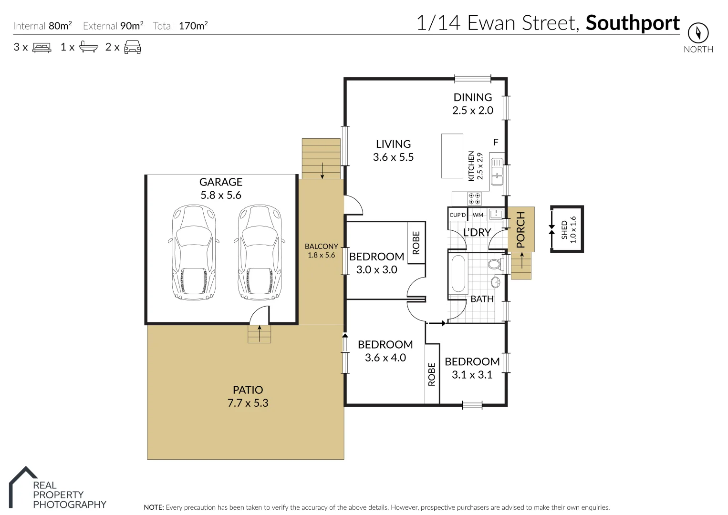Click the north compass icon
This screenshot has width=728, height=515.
click(698, 33)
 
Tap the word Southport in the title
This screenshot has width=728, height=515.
click(633, 23)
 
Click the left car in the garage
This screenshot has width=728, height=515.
click(194, 253)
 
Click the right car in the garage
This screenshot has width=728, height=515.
click(260, 253)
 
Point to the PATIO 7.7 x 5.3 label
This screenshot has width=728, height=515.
click(248, 396)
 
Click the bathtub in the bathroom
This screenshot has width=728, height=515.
click(458, 274)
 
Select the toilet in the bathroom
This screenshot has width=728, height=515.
click(494, 264)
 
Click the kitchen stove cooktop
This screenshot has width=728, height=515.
click(474, 198)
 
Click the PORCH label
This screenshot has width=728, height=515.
click(520, 229)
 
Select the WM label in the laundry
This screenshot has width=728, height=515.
click(478, 215)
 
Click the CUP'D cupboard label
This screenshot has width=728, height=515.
click(458, 215)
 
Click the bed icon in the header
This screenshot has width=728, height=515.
click(42, 47)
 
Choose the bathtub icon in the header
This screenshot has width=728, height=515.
click(88, 47)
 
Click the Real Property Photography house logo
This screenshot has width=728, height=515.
click(23, 486)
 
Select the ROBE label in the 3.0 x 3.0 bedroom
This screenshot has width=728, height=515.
click(416, 243)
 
